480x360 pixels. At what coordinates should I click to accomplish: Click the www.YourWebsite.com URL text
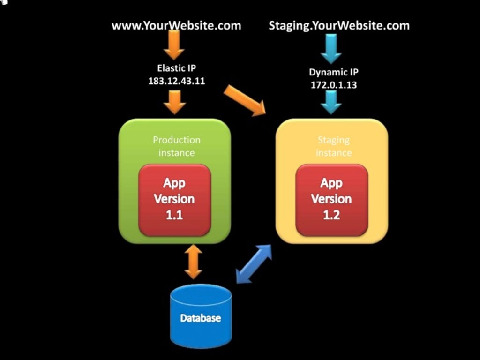176,25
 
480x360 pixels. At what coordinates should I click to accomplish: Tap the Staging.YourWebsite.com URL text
339,25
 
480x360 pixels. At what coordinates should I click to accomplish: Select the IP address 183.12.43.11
176,81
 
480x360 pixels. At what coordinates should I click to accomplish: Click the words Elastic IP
176,68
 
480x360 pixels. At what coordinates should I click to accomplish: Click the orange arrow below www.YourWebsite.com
174,46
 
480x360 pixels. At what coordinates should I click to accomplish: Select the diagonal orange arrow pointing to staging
244,100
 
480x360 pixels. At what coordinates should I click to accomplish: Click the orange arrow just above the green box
175,102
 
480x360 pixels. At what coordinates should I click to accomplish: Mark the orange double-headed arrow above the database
193,262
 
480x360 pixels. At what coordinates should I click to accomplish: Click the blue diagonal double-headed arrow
254,263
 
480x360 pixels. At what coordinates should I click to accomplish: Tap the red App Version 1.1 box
174,199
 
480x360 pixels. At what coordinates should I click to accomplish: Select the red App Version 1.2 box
331,199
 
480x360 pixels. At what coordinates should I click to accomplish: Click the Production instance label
176,146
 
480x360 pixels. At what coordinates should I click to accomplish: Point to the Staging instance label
333,146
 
